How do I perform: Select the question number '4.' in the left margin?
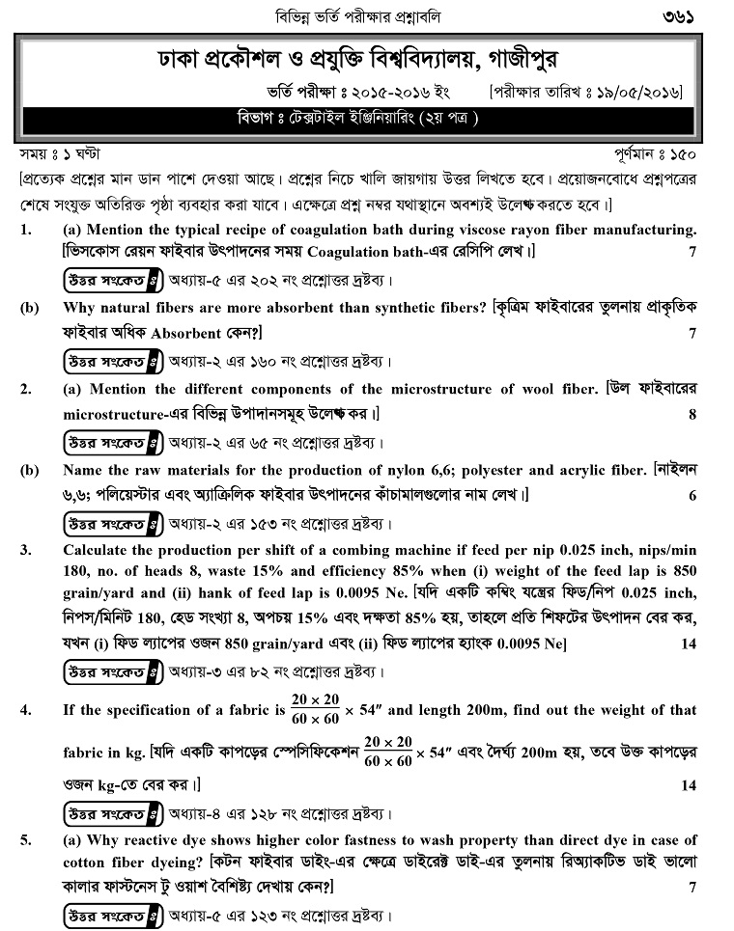click(26, 710)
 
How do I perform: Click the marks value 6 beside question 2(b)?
click(692, 496)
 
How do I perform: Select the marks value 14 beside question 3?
click(688, 642)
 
